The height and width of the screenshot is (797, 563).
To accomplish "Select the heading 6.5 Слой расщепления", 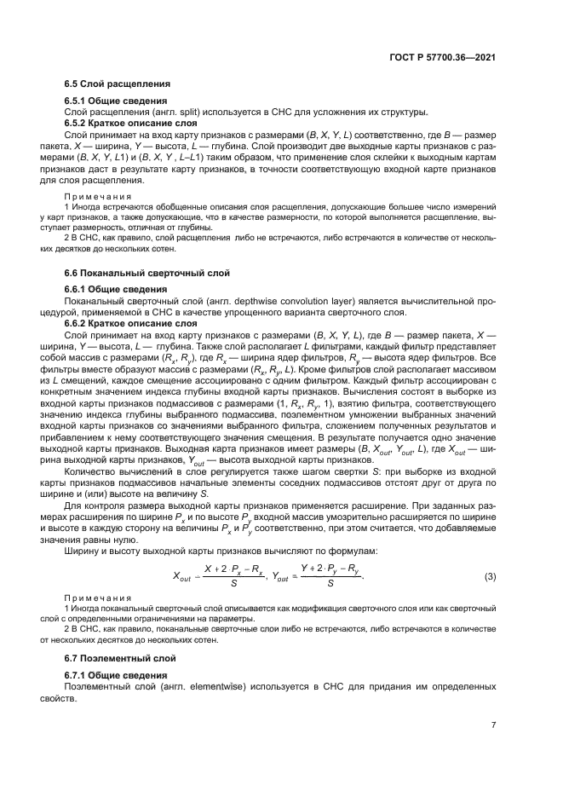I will tap(118, 84).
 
